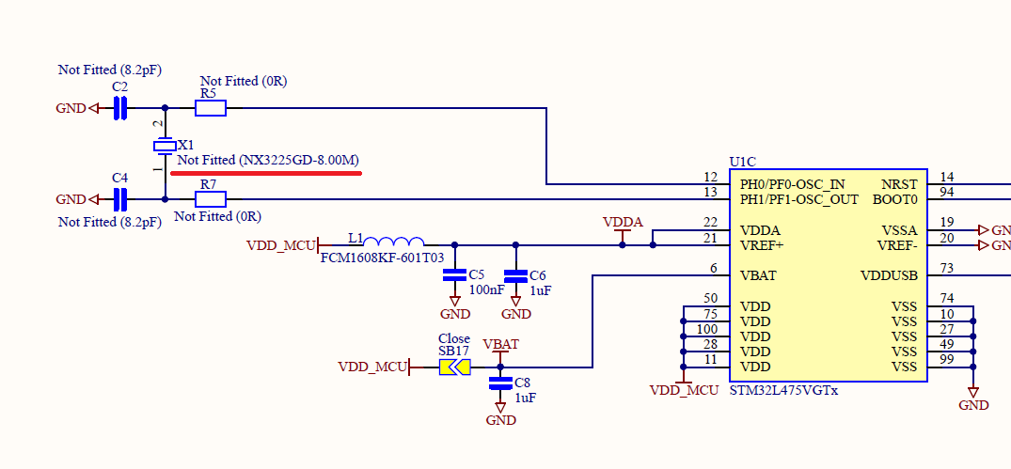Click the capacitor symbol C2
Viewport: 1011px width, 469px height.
[x=119, y=108]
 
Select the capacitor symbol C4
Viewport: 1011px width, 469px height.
[x=119, y=199]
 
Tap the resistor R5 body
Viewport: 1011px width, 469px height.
[x=211, y=108]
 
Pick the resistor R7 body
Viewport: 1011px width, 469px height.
[x=211, y=199]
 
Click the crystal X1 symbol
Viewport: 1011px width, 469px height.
[x=165, y=146]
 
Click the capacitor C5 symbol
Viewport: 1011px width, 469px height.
[x=454, y=275]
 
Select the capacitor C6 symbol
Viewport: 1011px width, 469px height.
[x=515, y=275]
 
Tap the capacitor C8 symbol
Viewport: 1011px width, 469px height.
[x=500, y=383]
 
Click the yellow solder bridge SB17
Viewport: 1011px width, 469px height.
[x=454, y=367]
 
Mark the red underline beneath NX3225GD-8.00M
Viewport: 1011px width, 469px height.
[x=265, y=173]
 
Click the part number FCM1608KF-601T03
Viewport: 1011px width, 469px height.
[x=382, y=258]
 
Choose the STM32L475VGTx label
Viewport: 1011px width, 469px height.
[x=783, y=389]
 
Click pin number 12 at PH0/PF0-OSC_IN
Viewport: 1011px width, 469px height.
[x=710, y=178]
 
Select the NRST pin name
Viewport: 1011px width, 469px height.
[x=899, y=184]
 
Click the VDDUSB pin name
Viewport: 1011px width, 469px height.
[x=889, y=275]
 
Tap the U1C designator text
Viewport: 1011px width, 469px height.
[x=744, y=162]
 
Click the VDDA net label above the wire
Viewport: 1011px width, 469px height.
[x=623, y=222]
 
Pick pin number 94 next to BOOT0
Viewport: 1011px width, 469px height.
[x=947, y=193]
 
